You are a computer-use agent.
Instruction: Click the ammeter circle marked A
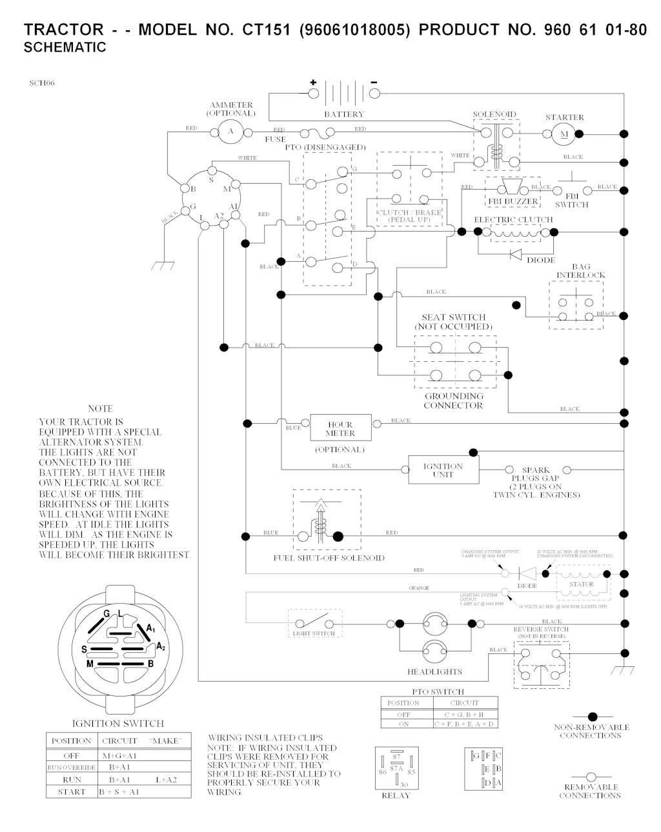click(230, 132)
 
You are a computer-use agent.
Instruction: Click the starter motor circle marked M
click(563, 134)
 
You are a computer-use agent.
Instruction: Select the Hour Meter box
click(340, 429)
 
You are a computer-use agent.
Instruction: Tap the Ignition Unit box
click(443, 470)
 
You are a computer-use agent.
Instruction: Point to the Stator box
click(582, 584)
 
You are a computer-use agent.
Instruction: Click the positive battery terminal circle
click(314, 94)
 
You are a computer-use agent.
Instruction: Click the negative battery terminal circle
click(374, 94)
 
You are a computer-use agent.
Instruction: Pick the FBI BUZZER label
click(512, 202)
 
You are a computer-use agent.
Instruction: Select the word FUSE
click(276, 139)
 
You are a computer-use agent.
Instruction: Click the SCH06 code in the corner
click(41, 83)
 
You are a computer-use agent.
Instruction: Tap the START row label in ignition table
click(72, 792)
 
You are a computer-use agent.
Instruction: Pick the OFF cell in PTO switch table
click(404, 715)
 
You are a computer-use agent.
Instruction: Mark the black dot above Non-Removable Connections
click(591, 717)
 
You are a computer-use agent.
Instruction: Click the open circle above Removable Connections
click(591, 777)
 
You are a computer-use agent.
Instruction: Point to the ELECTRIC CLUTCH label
click(513, 219)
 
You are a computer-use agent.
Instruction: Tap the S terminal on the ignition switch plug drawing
click(85, 648)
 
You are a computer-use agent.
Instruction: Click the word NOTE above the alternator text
click(100, 408)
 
